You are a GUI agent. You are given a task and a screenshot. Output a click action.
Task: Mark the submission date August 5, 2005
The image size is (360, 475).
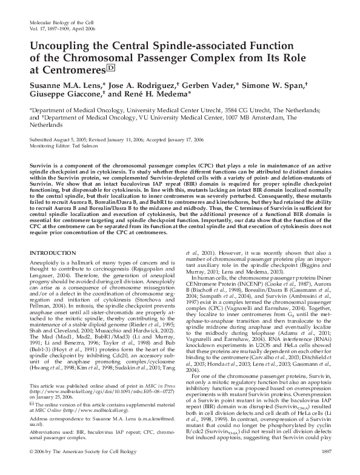(x=71, y=139)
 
